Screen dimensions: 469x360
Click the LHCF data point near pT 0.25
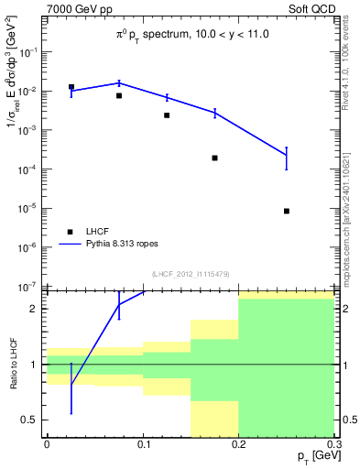tap(287, 211)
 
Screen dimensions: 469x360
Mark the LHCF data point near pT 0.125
tap(167, 115)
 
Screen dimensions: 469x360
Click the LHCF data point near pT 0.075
tap(119, 95)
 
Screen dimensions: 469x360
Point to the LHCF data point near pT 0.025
tap(71, 87)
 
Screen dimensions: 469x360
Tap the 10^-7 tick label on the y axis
tap(30, 287)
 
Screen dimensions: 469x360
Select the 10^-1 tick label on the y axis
tap(30, 52)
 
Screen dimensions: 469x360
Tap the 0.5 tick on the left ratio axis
tap(34, 420)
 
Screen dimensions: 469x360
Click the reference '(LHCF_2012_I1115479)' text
tap(191, 274)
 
